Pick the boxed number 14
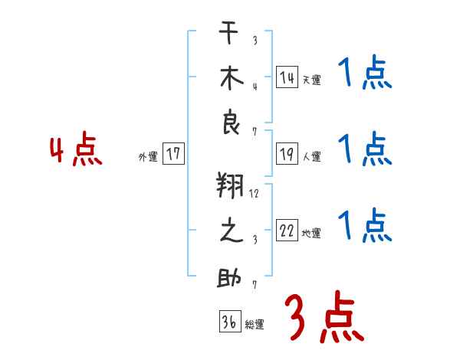pos(287,77)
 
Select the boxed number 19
pos(287,154)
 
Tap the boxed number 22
pos(287,231)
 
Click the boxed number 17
pos(173,154)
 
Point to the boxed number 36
pos(228,322)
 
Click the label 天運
pos(311,80)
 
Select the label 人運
pos(311,156)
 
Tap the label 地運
pos(311,233)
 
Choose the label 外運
pos(147,156)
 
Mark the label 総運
pos(255,324)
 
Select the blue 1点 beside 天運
pos(364,75)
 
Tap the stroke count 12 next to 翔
pos(254,193)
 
